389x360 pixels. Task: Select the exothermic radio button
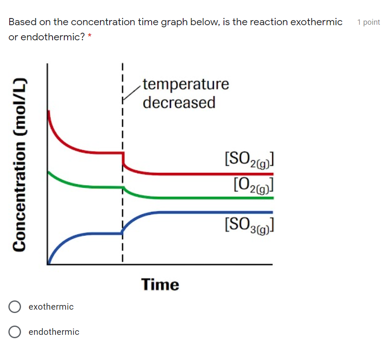click(x=15, y=307)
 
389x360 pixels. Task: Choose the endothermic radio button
click(x=15, y=332)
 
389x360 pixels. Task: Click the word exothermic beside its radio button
click(x=51, y=307)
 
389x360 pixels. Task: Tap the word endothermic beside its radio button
click(x=54, y=332)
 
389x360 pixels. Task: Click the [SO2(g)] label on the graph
click(x=250, y=159)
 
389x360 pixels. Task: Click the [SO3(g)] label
click(x=250, y=225)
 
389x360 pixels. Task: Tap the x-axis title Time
click(x=160, y=284)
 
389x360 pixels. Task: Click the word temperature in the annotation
click(x=186, y=84)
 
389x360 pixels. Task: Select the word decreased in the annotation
click(x=179, y=102)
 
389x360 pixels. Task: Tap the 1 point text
click(x=368, y=22)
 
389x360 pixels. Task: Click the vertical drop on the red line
click(x=123, y=159)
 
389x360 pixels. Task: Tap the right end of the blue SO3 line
click(x=271, y=212)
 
